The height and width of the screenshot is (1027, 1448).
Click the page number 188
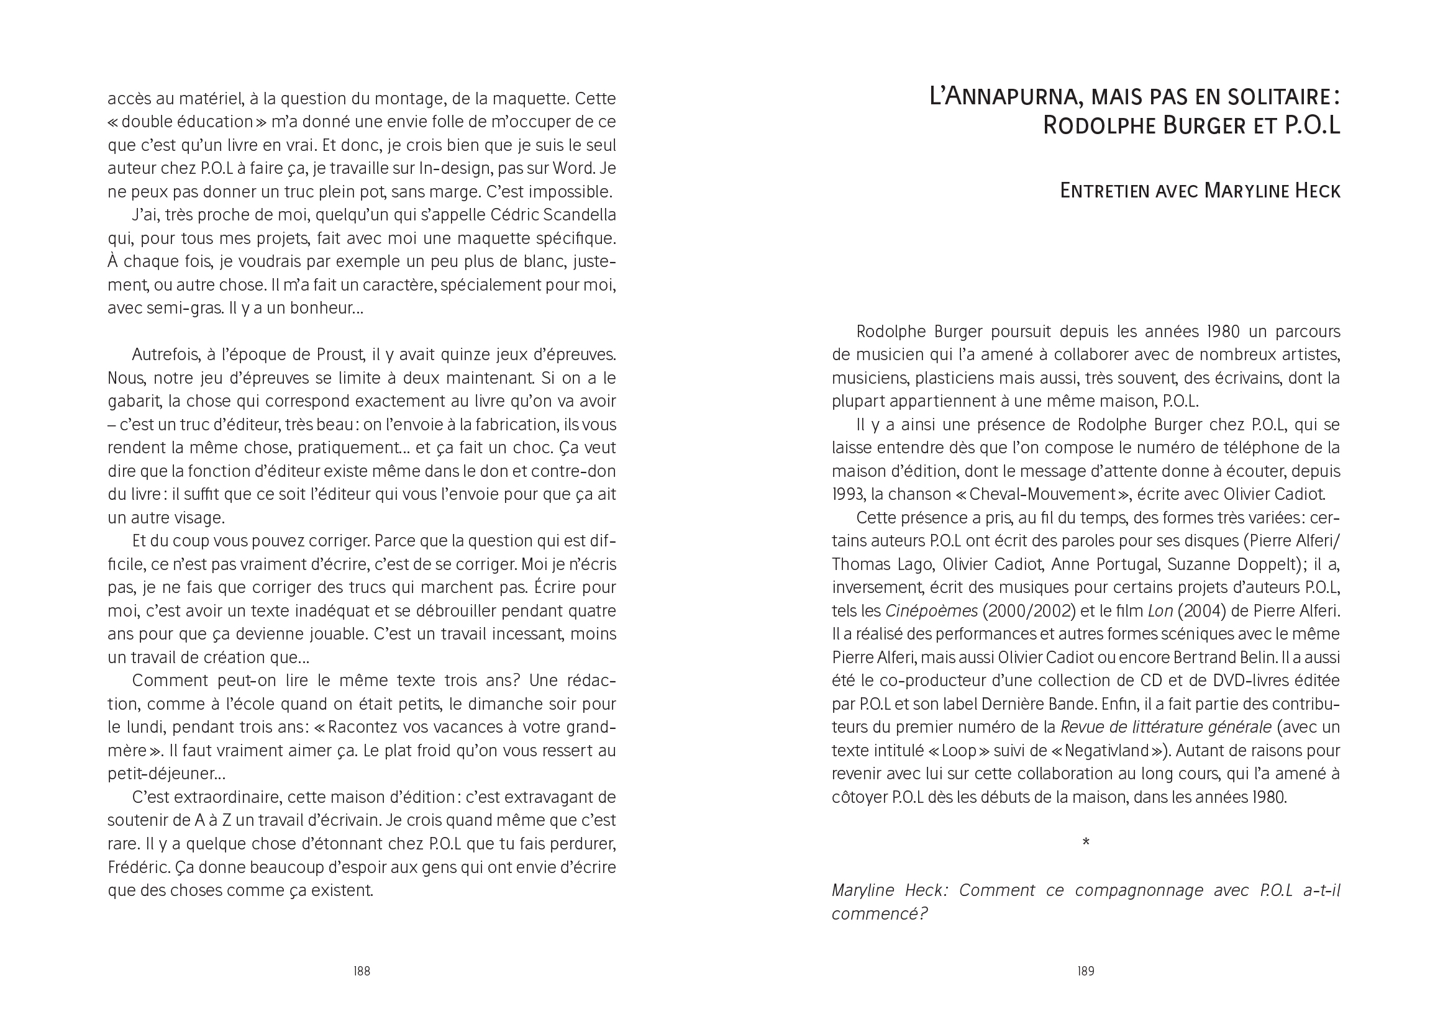[x=361, y=971]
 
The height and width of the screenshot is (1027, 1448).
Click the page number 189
[x=1085, y=971]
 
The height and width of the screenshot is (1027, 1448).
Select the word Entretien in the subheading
[x=1106, y=191]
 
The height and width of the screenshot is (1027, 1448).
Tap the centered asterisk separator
[x=1085, y=843]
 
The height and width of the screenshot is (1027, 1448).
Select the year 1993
[x=848, y=494]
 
